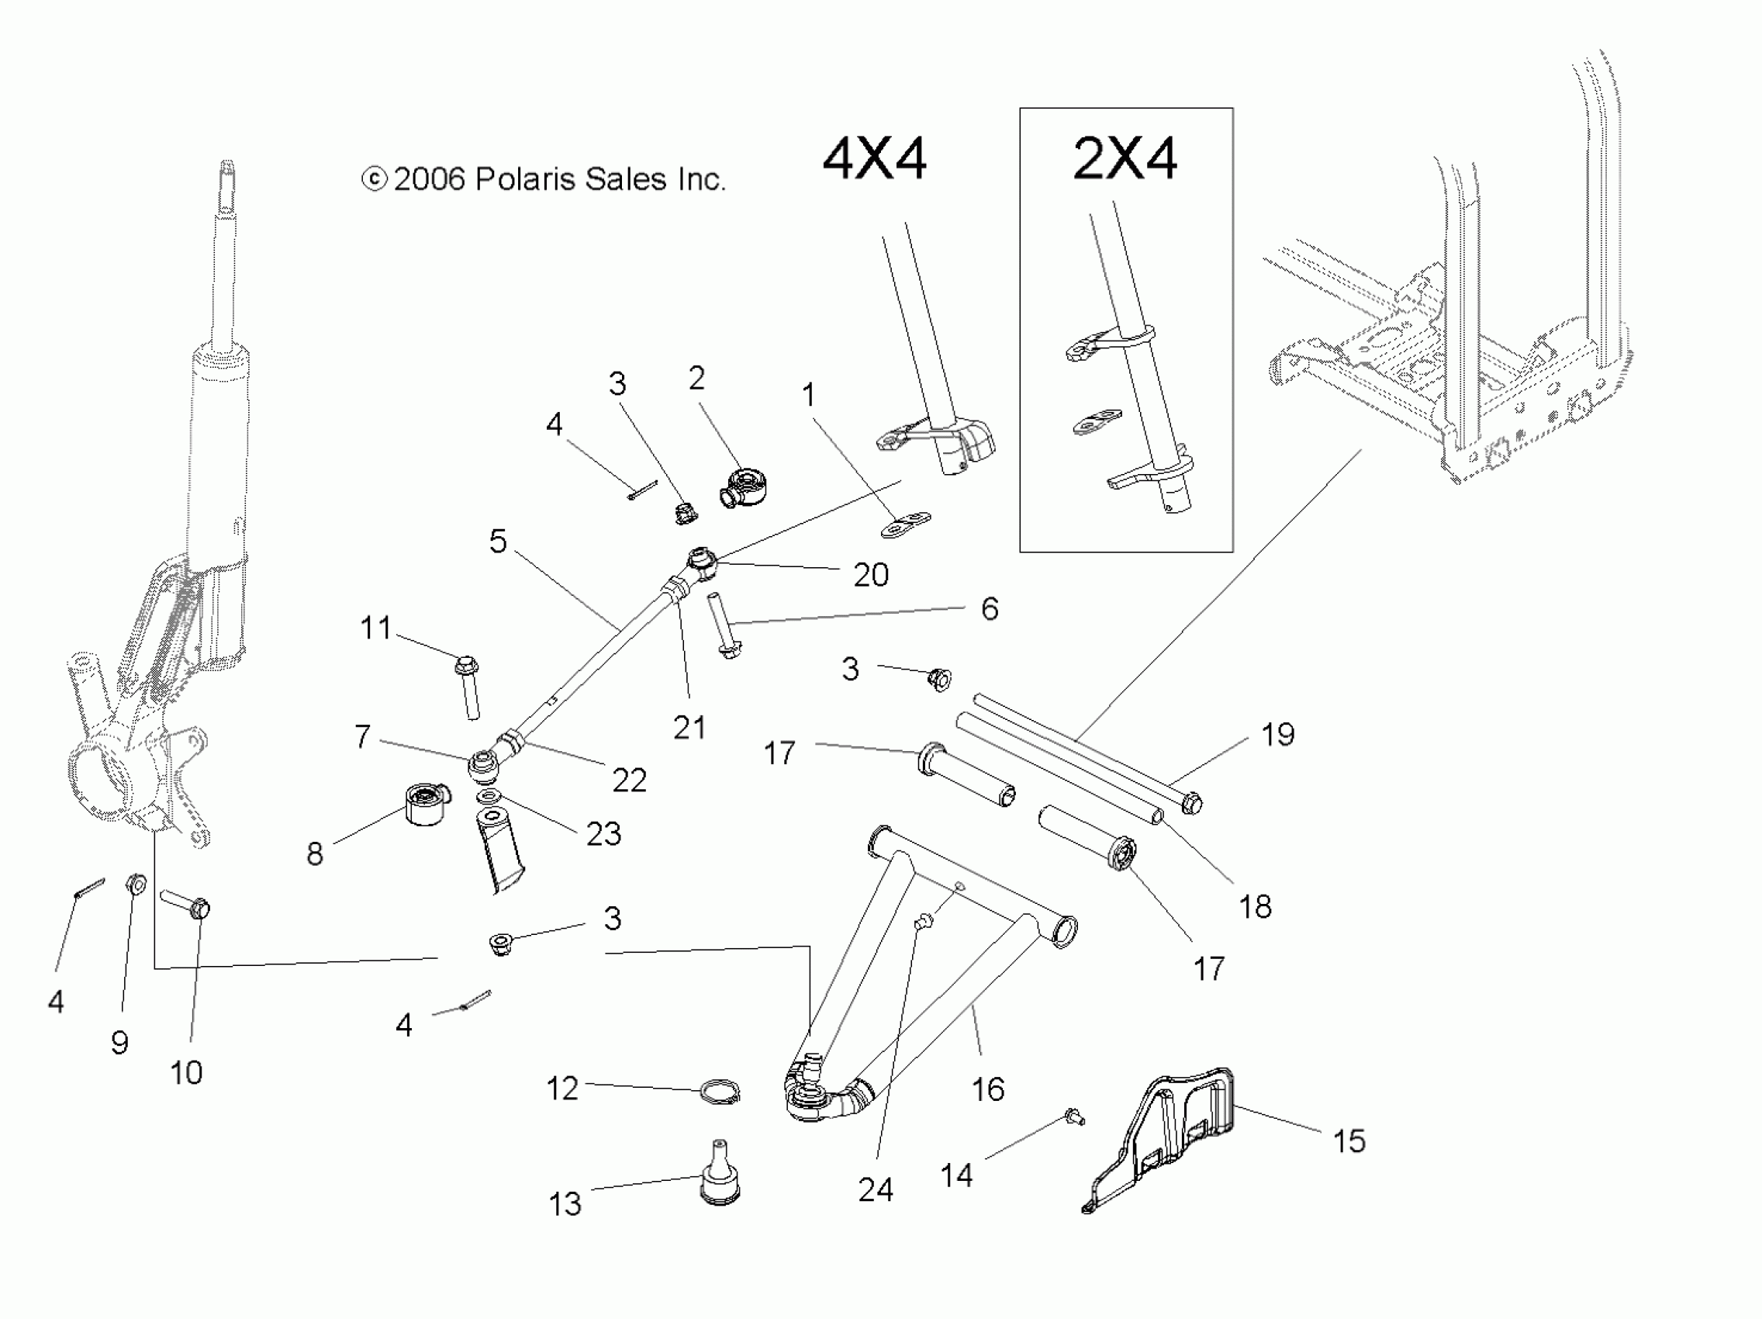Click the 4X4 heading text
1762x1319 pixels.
pos(874,159)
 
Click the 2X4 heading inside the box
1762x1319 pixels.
pos(1125,159)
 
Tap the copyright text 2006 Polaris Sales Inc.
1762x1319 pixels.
pos(544,179)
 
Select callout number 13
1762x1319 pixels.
pos(565,1203)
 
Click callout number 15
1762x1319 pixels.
pos(1349,1141)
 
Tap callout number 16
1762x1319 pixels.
pos(988,1089)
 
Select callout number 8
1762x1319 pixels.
pos(316,854)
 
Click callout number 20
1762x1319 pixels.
pos(871,575)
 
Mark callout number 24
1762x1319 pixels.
pos(876,1190)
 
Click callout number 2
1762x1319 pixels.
pos(697,379)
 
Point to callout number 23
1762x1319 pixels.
pos(603,833)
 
